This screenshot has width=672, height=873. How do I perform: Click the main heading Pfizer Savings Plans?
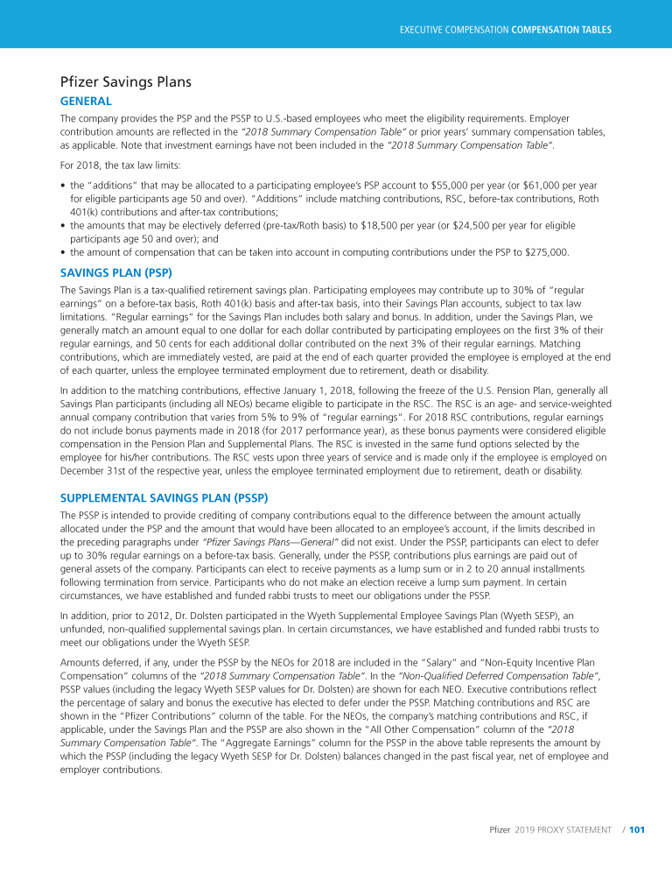click(x=125, y=83)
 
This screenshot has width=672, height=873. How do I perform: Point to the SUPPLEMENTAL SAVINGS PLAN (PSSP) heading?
click(x=169, y=496)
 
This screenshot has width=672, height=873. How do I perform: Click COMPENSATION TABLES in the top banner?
click(x=561, y=30)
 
